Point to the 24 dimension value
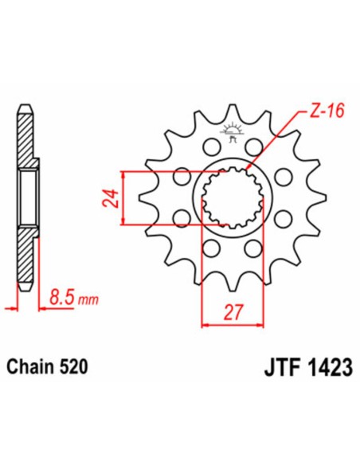point(111,197)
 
